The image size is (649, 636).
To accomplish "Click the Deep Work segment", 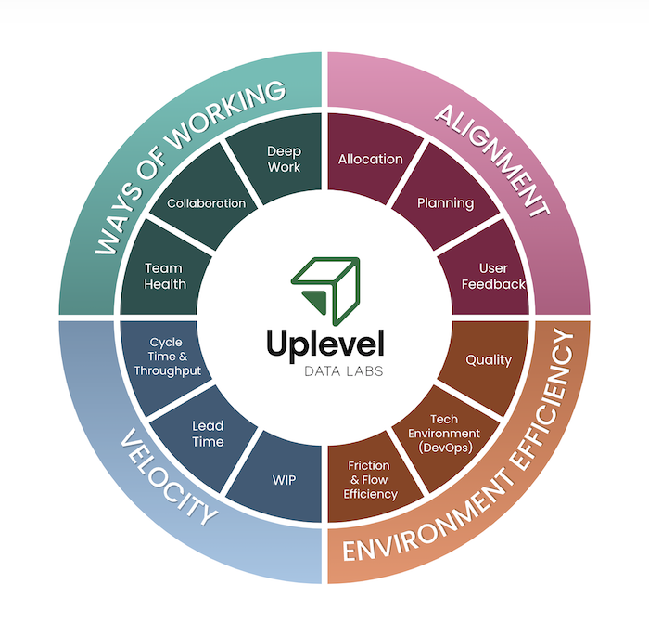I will pos(284,159).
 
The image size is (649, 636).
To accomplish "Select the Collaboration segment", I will pos(206,203).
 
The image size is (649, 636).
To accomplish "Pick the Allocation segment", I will pos(370,159).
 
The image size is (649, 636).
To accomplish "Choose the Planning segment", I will pos(445,203).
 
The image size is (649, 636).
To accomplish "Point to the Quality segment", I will pos(488,359).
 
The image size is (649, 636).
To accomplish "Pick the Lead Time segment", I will pos(208,434).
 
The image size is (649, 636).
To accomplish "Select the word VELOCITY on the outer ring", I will pos(168,488).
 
